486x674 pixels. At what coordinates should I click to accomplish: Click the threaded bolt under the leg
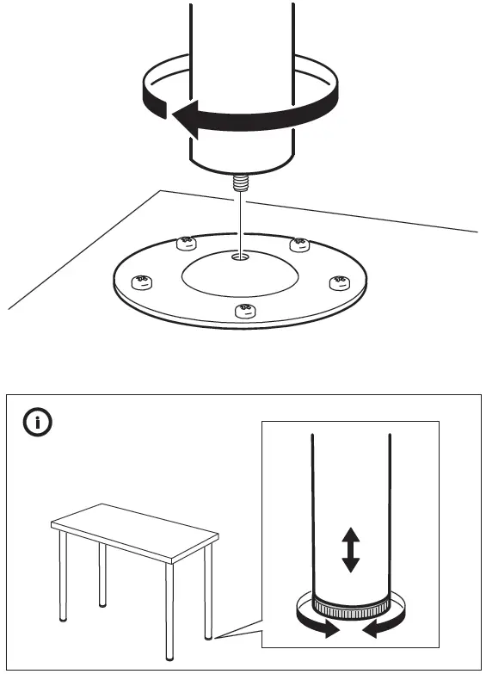tap(239, 183)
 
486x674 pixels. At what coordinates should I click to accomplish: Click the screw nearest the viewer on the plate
tap(243, 310)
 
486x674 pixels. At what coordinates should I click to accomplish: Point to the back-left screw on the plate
tap(183, 244)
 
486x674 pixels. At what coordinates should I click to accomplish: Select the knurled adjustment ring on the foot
tap(349, 609)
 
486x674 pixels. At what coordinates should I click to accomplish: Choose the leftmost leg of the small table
tap(63, 577)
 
